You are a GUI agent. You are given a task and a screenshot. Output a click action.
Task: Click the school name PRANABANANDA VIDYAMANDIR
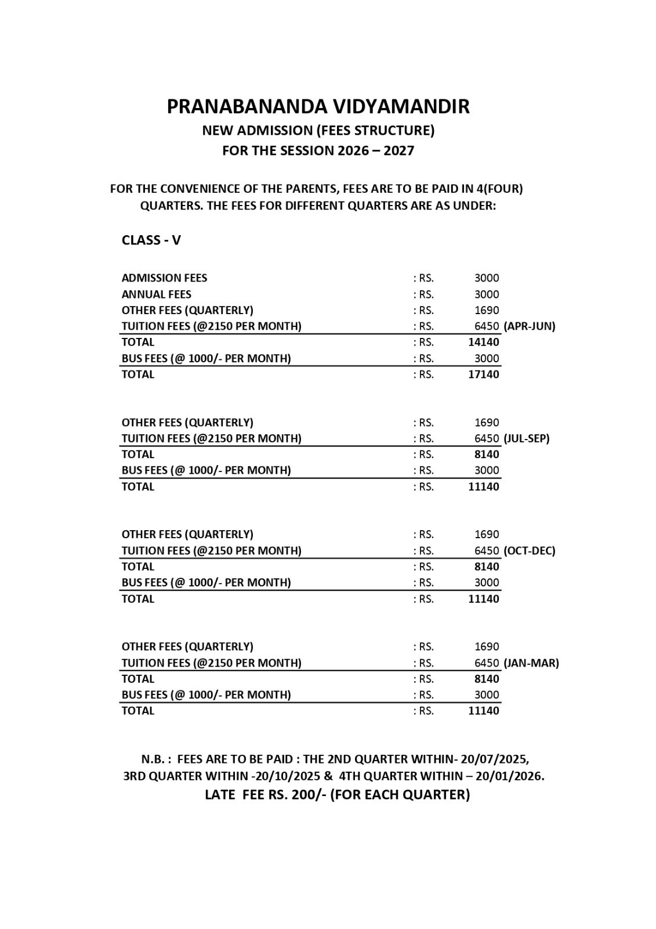pyautogui.click(x=318, y=106)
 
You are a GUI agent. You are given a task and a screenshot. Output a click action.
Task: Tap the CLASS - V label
pyautogui.click(x=151, y=240)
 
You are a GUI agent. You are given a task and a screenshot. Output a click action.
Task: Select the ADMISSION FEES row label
pyautogui.click(x=164, y=278)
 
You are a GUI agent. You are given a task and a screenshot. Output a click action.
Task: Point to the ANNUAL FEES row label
pyautogui.click(x=156, y=294)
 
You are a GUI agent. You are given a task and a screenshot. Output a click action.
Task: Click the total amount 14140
pyautogui.click(x=483, y=342)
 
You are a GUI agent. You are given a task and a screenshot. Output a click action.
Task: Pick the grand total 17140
pyautogui.click(x=483, y=375)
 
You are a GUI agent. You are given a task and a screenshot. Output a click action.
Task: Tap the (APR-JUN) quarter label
pyautogui.click(x=529, y=326)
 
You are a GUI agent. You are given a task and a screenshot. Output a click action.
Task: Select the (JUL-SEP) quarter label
pyautogui.click(x=526, y=438)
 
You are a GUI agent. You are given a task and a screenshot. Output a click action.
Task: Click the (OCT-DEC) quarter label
pyautogui.click(x=529, y=550)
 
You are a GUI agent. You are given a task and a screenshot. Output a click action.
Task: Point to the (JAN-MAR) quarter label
pyautogui.click(x=531, y=662)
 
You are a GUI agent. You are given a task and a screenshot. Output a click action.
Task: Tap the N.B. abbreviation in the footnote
pyautogui.click(x=155, y=759)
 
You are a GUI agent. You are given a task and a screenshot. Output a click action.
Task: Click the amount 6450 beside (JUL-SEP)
pyautogui.click(x=486, y=438)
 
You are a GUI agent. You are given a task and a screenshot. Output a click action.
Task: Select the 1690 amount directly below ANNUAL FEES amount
pyautogui.click(x=486, y=310)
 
